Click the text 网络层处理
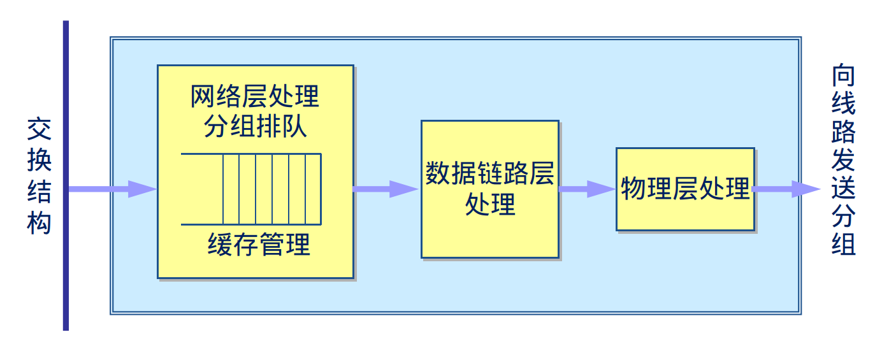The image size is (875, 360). coord(255,97)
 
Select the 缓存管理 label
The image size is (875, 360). coord(259,245)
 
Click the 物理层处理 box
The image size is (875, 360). coord(685,189)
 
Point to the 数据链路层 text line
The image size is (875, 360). coord(489,173)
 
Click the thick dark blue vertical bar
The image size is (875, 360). coord(66,175)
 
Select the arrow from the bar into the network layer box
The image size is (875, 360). coord(112,189)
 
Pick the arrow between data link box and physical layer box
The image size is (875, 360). coord(586,189)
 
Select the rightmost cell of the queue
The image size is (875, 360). coord(313,189)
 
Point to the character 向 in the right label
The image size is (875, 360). coord(843,76)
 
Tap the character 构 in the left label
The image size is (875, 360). coord(39,223)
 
